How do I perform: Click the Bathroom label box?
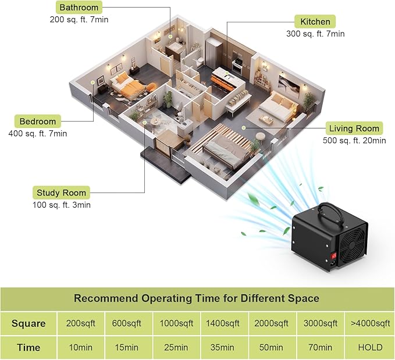(x=79, y=8)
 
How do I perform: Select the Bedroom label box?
(x=38, y=122)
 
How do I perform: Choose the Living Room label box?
(x=354, y=129)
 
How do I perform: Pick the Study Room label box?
(x=61, y=193)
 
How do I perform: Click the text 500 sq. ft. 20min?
(x=354, y=140)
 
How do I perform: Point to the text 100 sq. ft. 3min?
(x=62, y=205)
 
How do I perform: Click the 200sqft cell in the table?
(x=80, y=323)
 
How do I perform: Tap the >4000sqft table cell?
(x=370, y=323)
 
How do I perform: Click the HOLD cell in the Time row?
(x=370, y=347)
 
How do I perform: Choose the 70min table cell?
(x=321, y=347)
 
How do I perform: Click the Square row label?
(x=29, y=323)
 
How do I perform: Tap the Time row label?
(x=29, y=347)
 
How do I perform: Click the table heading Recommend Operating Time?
(x=197, y=298)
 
